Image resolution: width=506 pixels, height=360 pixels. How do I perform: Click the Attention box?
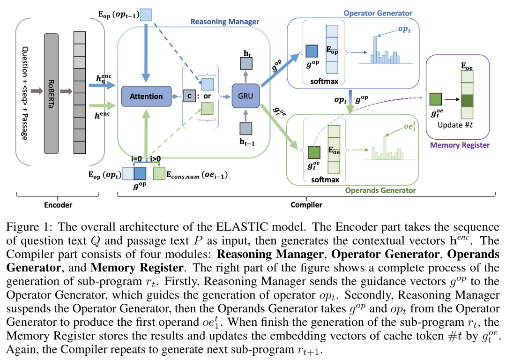[146, 96]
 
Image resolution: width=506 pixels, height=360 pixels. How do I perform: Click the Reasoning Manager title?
[225, 22]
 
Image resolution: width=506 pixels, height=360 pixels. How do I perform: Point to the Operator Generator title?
[378, 13]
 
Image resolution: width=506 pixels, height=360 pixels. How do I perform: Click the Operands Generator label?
[380, 190]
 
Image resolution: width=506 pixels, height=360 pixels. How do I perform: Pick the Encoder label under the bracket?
[59, 205]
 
